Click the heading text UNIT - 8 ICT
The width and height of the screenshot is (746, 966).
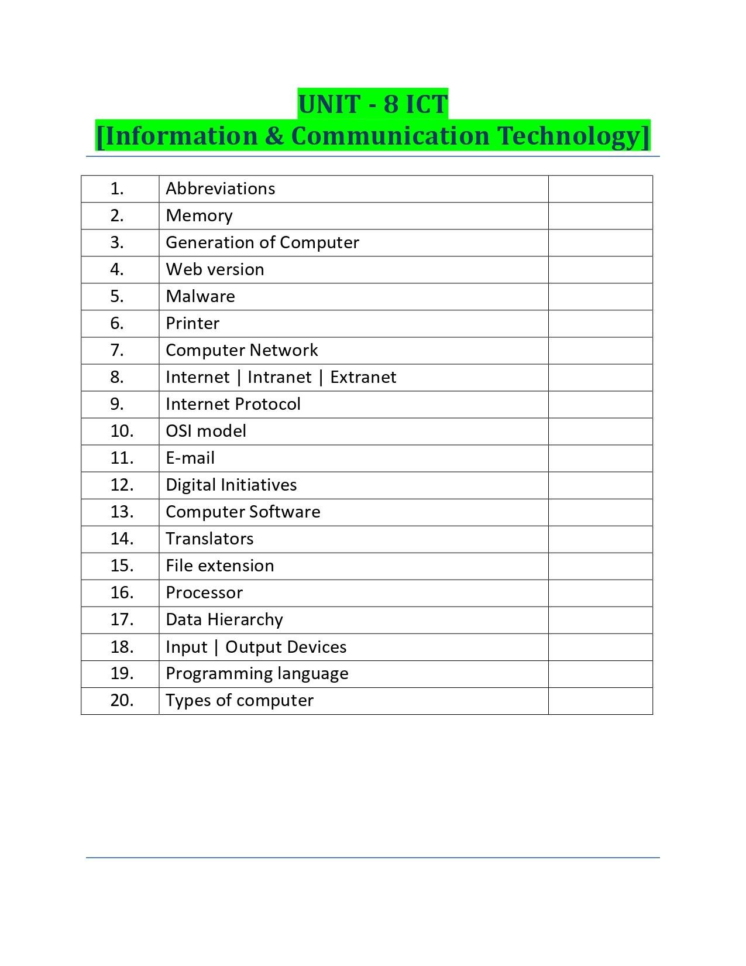pyautogui.click(x=373, y=104)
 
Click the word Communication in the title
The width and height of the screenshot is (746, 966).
pyautogui.click(x=390, y=136)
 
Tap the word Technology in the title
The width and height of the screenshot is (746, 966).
pyautogui.click(x=570, y=136)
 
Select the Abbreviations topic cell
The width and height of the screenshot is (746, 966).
pyautogui.click(x=220, y=189)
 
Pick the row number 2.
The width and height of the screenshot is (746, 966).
pyautogui.click(x=117, y=215)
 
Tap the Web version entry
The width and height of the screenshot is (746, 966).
pyautogui.click(x=215, y=269)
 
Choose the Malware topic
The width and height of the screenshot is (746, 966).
pyautogui.click(x=200, y=296)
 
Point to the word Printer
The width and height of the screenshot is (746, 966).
pyautogui.click(x=192, y=323)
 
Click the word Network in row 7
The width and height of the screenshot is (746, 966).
pyautogui.click(x=284, y=350)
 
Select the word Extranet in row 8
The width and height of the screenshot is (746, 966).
pyautogui.click(x=363, y=377)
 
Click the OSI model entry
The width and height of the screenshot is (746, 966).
pyautogui.click(x=206, y=431)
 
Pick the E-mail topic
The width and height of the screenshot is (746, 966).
pyautogui.click(x=190, y=458)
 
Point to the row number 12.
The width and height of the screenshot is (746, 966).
pyautogui.click(x=122, y=485)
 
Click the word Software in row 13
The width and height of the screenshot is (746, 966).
pyautogui.click(x=284, y=512)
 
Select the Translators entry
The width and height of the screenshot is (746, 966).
pyautogui.click(x=209, y=539)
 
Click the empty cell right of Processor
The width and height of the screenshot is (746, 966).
pyautogui.click(x=600, y=592)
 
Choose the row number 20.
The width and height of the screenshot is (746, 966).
pyautogui.click(x=122, y=700)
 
